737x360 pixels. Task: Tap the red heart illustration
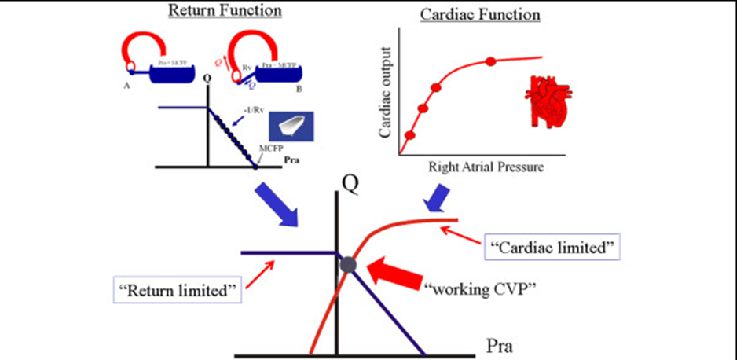click(543, 101)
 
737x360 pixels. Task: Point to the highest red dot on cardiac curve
click(490, 61)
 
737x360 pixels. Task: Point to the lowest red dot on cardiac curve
click(409, 135)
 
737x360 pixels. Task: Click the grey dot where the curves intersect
click(349, 266)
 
